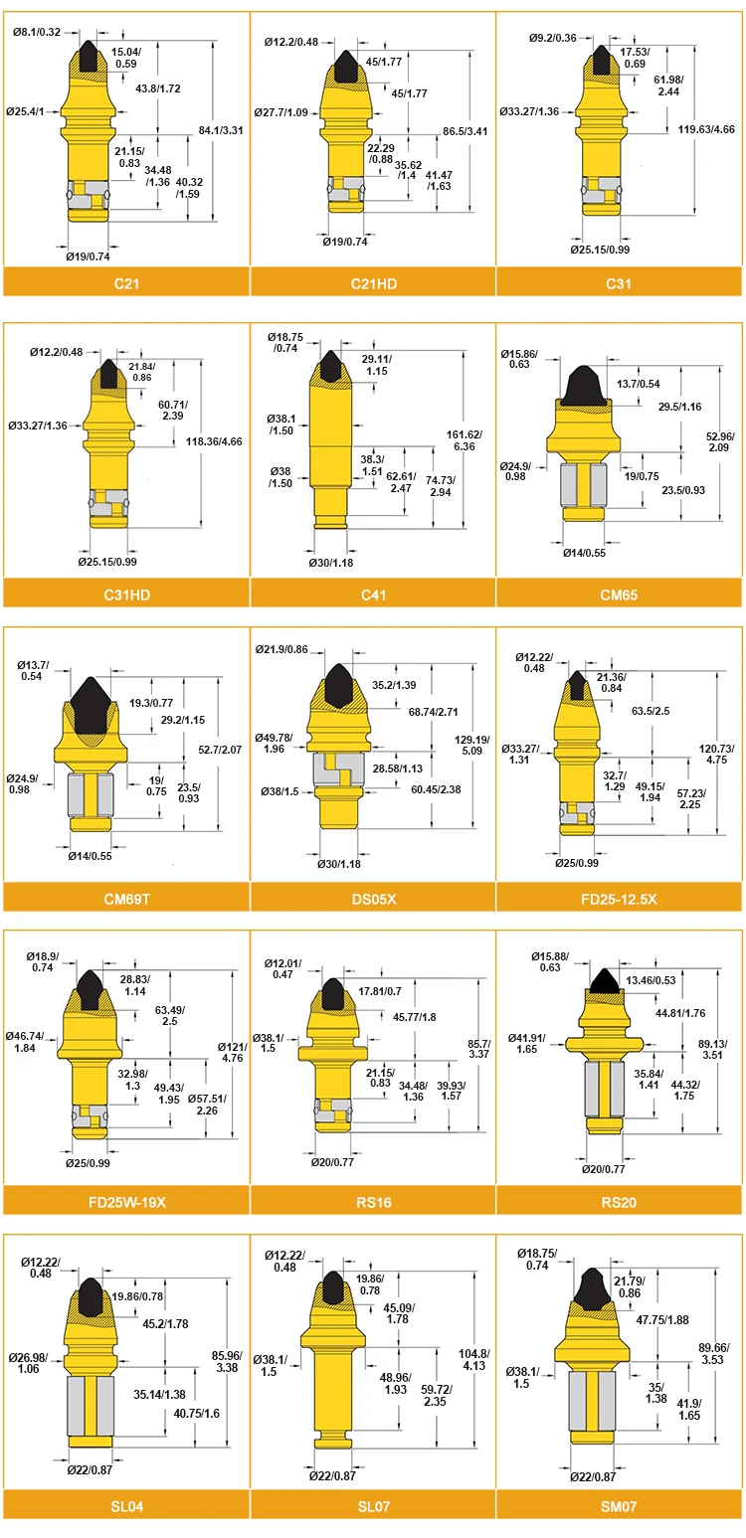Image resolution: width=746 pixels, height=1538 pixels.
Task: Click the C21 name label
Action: point(126,283)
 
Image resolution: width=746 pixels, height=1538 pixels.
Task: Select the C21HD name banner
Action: point(374,283)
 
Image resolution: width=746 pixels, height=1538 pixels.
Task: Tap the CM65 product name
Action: point(619,595)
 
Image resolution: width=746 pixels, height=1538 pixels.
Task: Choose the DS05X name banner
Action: point(374,899)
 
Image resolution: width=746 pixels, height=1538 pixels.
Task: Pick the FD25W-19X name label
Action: point(127,1202)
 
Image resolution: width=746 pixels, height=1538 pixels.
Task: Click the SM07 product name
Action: point(619,1506)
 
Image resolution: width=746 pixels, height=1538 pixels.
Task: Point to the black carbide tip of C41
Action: point(331,366)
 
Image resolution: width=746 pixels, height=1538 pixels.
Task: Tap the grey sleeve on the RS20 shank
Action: point(605,1089)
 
